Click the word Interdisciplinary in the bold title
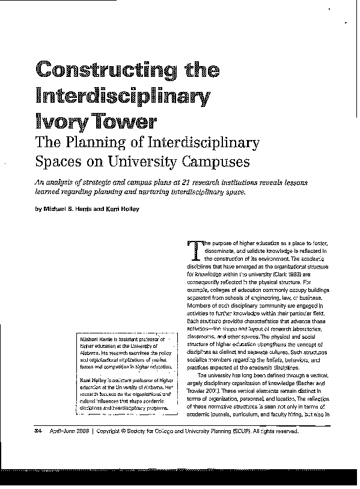point(123,95)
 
